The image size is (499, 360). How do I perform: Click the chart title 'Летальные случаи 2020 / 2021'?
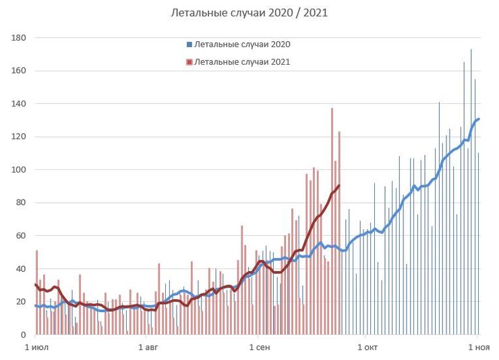click(249, 13)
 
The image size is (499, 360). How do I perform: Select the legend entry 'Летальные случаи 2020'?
click(242, 44)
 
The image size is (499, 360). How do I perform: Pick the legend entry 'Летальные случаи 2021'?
click(242, 62)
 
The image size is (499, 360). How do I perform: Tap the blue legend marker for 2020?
click(189, 45)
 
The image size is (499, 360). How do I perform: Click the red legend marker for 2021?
click(189, 63)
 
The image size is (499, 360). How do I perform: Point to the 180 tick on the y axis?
click(18, 38)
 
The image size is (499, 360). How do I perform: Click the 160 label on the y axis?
click(18, 71)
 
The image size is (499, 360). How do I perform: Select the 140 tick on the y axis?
click(18, 104)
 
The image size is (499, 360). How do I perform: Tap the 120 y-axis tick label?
click(18, 137)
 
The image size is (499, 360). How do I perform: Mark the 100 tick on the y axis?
click(18, 170)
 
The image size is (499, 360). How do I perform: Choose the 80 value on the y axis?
click(20, 203)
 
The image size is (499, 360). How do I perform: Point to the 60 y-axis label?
click(20, 236)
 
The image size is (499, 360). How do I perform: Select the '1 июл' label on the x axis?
click(36, 347)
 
